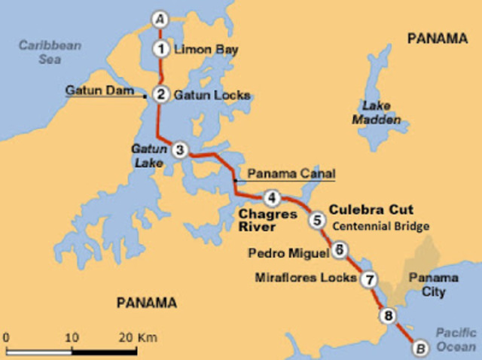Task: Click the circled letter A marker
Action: [x=159, y=18]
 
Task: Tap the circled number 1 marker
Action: [x=160, y=50]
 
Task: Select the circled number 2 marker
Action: [x=160, y=95]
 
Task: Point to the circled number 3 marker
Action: [x=179, y=149]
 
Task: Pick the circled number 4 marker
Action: [x=272, y=198]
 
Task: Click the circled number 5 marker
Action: [x=317, y=220]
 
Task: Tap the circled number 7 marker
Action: [x=368, y=279]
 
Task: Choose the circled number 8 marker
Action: [x=389, y=316]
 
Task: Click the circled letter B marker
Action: [x=419, y=347]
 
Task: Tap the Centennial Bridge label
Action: [x=381, y=226]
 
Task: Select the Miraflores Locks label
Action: [x=306, y=278]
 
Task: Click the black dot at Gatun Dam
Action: [x=145, y=96]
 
